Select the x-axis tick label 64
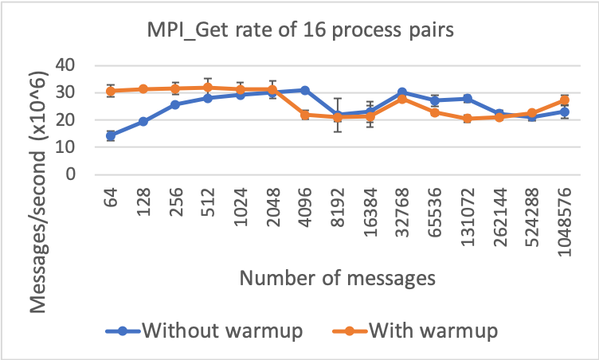tap(111, 198)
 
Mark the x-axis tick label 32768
tap(402, 209)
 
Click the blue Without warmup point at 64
tap(111, 135)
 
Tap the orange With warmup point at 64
tap(111, 91)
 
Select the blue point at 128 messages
tap(143, 121)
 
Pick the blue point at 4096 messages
tap(305, 90)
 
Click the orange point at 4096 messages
tap(305, 115)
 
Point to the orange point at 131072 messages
tap(468, 119)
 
